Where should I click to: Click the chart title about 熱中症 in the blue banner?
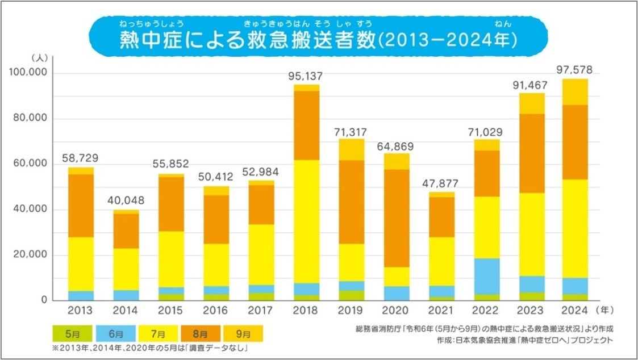318,41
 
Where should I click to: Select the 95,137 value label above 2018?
307,76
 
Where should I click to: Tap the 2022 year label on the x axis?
486,311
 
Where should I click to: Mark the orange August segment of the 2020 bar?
396,218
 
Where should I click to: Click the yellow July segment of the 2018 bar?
307,221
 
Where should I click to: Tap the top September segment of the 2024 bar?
575,91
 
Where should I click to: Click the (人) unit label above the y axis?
43,58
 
